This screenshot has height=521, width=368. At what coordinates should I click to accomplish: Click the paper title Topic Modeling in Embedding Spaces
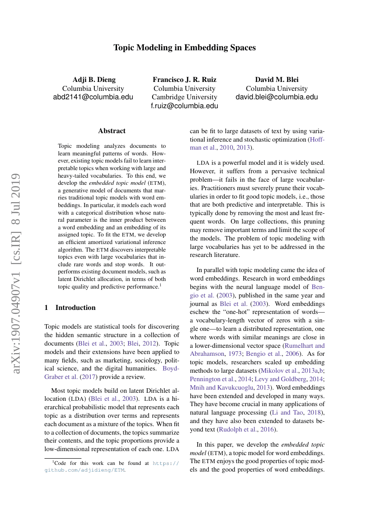184,48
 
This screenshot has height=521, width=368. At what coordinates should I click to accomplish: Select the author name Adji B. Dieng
94,80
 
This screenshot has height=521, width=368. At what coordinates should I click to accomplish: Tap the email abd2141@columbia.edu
93,97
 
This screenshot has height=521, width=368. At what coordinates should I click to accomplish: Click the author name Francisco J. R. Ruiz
185,80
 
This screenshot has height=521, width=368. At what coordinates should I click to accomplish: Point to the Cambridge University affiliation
185,97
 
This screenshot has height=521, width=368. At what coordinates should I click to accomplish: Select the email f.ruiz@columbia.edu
185,106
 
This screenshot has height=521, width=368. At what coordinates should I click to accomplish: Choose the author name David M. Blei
276,80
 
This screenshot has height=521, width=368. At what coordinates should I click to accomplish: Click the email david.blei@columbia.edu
276,97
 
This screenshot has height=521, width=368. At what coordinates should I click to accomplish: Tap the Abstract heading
112,131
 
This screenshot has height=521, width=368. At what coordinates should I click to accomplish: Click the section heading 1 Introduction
70,307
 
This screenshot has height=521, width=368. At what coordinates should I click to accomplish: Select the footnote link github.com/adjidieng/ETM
85,470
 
